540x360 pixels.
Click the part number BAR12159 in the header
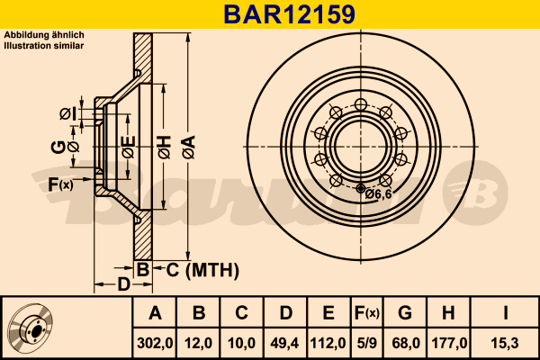point(289,14)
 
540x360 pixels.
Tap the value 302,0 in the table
point(155,343)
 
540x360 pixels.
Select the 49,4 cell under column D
point(284,343)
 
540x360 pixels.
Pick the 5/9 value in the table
point(367,343)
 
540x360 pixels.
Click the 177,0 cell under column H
point(449,343)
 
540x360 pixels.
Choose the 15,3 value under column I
point(505,343)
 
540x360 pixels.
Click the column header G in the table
point(405,313)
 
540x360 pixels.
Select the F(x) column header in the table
point(367,313)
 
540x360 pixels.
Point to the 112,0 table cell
point(328,343)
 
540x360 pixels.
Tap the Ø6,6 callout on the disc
point(378,194)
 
